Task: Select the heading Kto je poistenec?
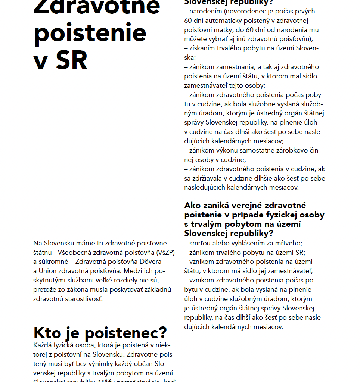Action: [x=100, y=333]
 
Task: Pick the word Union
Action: [x=46, y=271]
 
